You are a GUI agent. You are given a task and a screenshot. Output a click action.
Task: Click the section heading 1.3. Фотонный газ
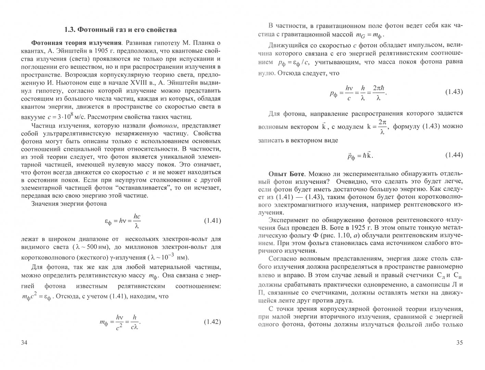pyautogui.click(x=120, y=30)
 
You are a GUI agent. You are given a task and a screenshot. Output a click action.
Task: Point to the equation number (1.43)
pyautogui.click(x=454, y=92)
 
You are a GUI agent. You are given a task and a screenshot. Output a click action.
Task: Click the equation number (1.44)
pyautogui.click(x=454, y=155)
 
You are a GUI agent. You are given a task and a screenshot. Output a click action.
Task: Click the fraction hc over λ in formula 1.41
pyautogui.click(x=137, y=221)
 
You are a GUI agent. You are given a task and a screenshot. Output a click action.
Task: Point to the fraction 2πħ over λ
pyautogui.click(x=378, y=92)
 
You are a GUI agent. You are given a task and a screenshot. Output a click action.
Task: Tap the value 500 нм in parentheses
pyautogui.click(x=95, y=247)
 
